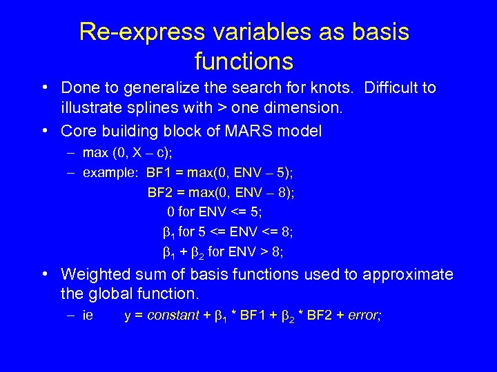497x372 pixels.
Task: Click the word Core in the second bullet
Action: [76, 131]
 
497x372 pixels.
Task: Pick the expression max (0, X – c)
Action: [121, 152]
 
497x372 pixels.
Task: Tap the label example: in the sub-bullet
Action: [110, 172]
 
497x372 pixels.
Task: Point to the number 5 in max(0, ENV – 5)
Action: [289, 172]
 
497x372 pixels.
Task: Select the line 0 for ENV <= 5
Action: [221, 212]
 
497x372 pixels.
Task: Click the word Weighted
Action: [92, 275]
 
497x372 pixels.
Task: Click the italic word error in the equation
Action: [363, 316]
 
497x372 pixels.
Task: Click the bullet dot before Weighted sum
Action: [44, 275]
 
